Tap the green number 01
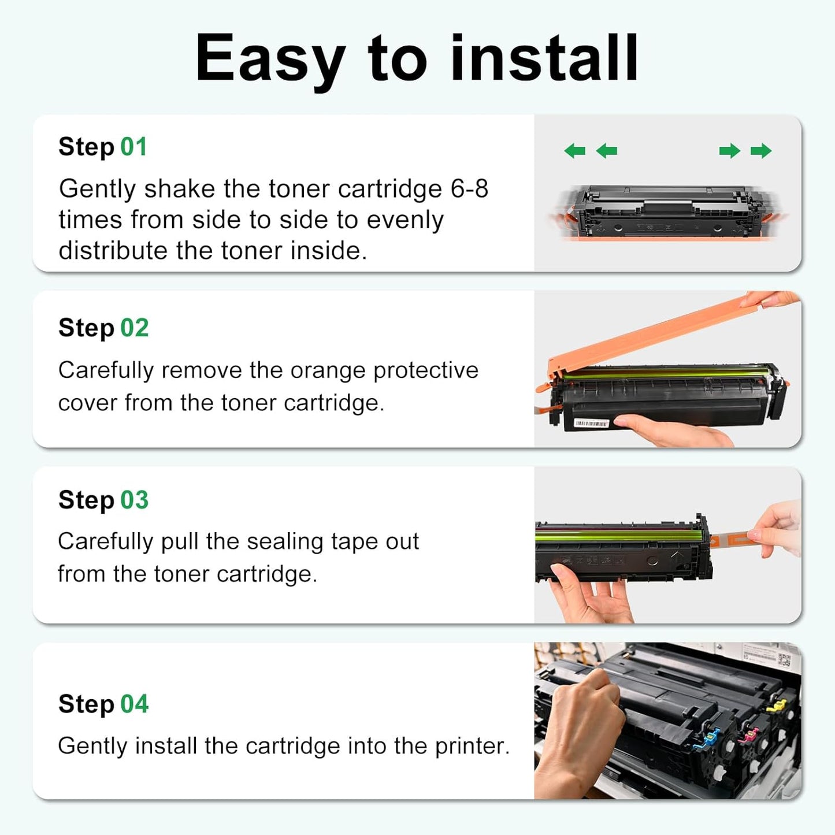click(x=133, y=147)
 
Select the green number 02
click(x=134, y=328)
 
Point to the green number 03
click(x=134, y=500)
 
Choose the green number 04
click(x=134, y=704)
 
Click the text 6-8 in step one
click(x=469, y=189)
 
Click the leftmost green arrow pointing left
click(x=574, y=151)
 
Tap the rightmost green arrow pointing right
click(x=761, y=151)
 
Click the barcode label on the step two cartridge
click(x=591, y=424)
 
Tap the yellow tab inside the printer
click(x=776, y=706)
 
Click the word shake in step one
click(x=179, y=189)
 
